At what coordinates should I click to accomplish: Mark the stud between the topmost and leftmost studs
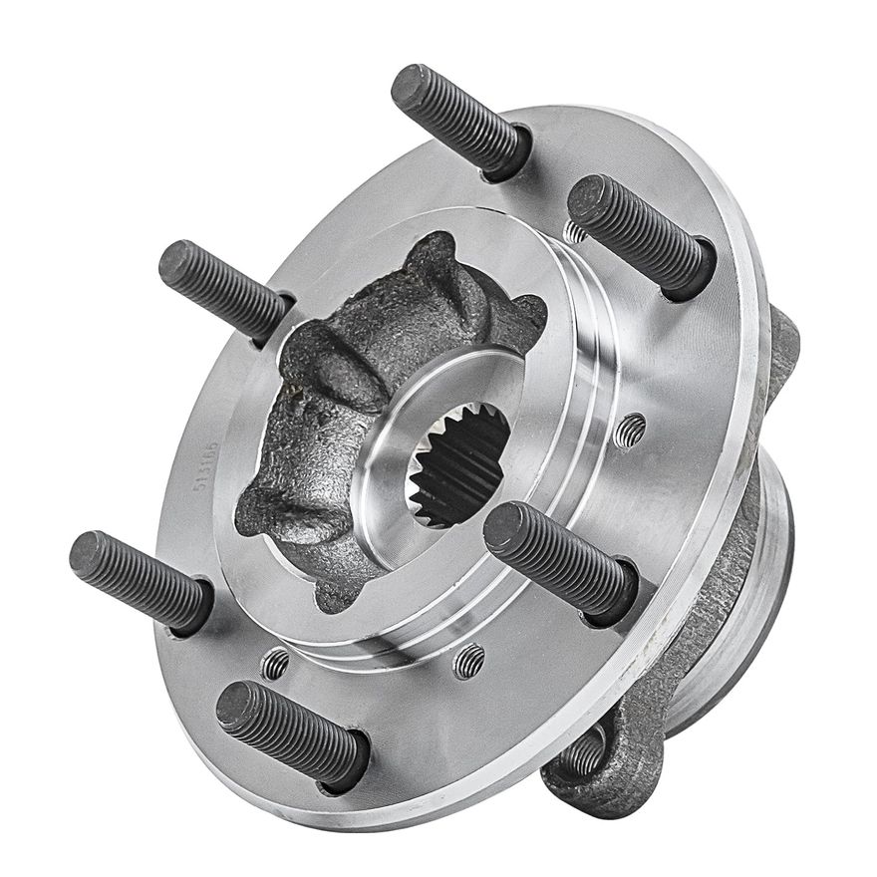pyautogui.click(x=225, y=289)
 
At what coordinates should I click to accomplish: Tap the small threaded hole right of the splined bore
pyautogui.click(x=629, y=430)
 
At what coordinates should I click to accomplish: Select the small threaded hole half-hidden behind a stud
pyautogui.click(x=575, y=231)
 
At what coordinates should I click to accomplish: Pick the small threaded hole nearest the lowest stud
pyautogui.click(x=275, y=663)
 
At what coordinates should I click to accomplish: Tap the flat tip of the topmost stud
pyautogui.click(x=410, y=88)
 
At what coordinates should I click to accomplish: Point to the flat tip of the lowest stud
pyautogui.click(x=236, y=704)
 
